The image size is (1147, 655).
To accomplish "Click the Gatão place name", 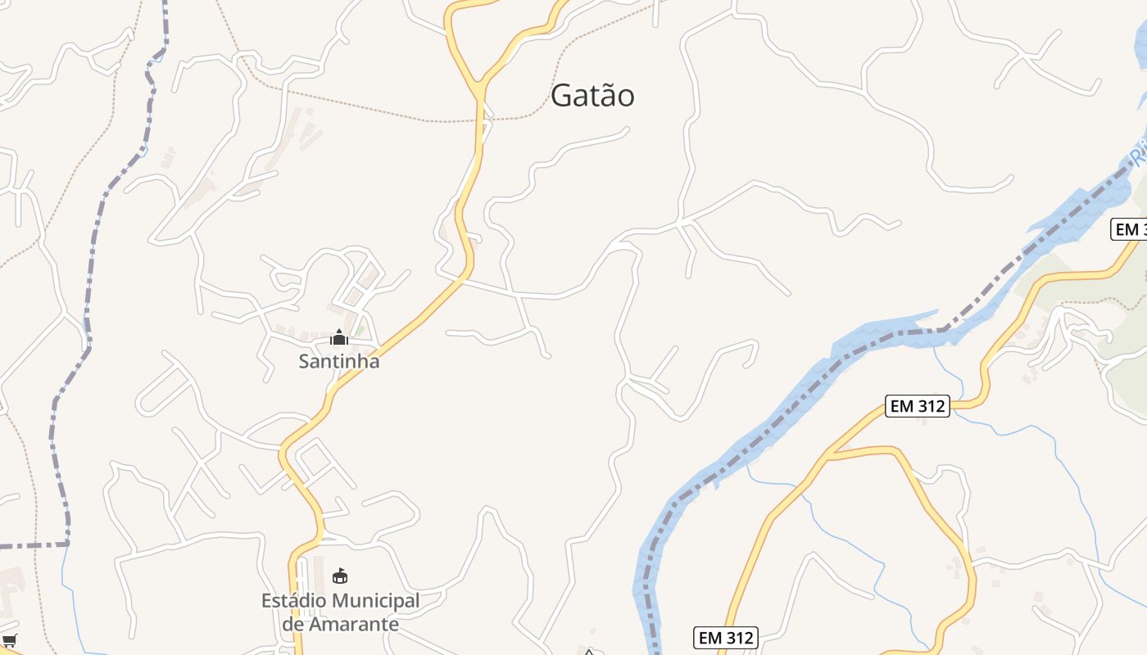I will pos(592,96).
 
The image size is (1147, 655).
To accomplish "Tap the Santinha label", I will pos(338,361).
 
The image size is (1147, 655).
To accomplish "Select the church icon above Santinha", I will pos(338,337).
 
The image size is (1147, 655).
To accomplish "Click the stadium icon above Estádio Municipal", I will pos(340,576).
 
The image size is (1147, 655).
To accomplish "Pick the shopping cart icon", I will pos(10,640).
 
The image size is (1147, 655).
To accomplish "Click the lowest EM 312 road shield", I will pos(725,637).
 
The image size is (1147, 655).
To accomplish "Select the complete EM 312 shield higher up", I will pos(917,405).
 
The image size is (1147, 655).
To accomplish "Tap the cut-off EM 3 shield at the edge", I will pos(1130,229).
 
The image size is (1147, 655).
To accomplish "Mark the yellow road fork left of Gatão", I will pos(479,85).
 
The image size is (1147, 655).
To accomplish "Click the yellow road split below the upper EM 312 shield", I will pos(830,453).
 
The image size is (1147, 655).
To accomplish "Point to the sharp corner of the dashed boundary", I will pos(67,543).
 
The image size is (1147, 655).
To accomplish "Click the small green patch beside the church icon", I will pos(360,330).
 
